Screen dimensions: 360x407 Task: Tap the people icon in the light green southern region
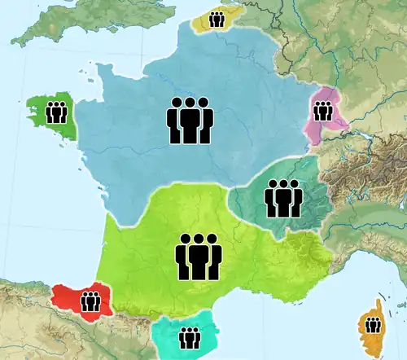point(198,257)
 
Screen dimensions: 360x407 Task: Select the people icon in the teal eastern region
point(282,198)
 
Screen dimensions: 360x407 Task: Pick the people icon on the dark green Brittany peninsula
point(56,112)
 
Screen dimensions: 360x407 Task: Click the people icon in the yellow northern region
point(217,20)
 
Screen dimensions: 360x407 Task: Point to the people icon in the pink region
point(323,110)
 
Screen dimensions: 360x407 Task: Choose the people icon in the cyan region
point(190,336)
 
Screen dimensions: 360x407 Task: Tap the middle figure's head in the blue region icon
point(190,104)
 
